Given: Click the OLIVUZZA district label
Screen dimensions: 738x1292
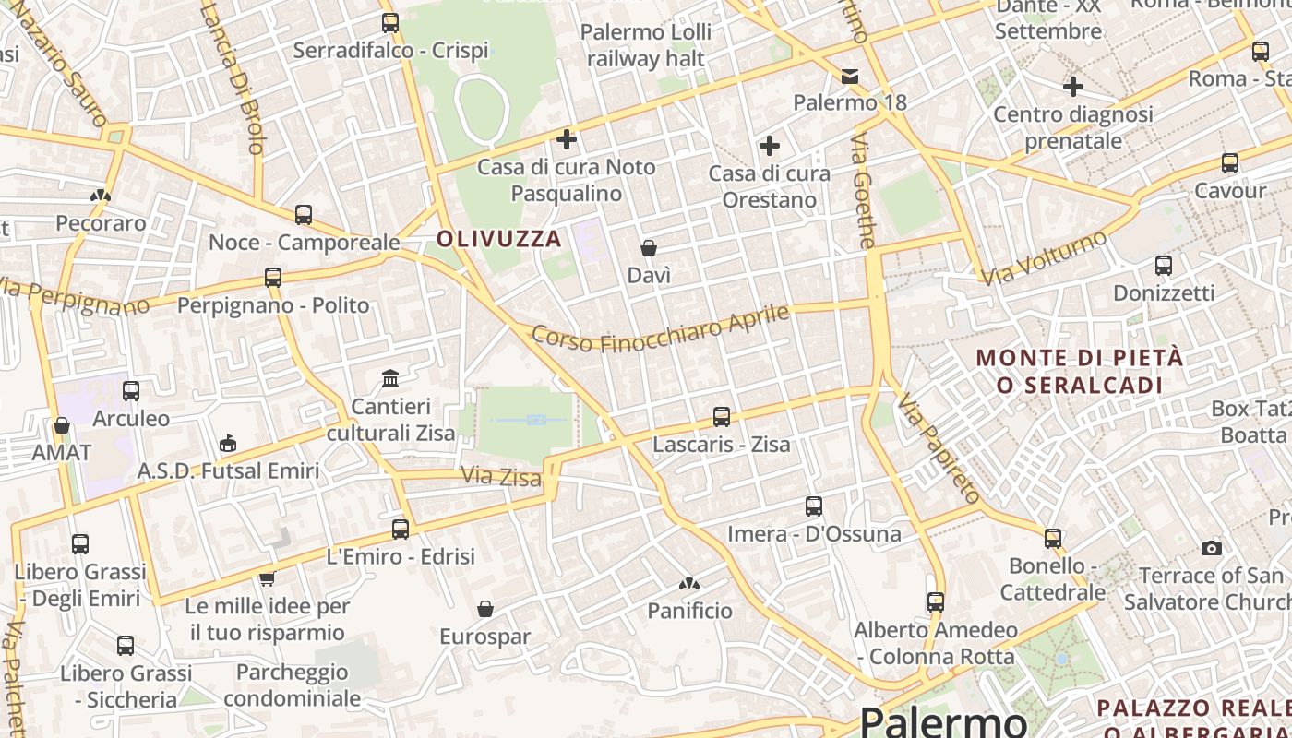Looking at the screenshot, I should tap(498, 239).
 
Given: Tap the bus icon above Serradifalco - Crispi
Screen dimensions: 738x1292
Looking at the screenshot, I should tap(390, 23).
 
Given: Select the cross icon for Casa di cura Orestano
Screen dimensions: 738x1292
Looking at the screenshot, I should tap(769, 146).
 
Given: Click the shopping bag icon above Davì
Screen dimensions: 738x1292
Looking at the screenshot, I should tap(649, 248).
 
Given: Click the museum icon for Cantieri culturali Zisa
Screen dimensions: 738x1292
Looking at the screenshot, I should tap(390, 378).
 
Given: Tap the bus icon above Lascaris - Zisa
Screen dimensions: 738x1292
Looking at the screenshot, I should tap(722, 417).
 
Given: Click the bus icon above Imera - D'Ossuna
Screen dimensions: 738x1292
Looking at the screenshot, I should tap(813, 506).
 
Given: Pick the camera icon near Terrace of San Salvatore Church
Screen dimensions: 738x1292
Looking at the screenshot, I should tap(1212, 548).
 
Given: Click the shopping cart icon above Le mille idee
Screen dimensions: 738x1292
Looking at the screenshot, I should tap(267, 578).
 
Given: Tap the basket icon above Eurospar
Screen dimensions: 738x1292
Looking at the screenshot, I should tap(485, 609).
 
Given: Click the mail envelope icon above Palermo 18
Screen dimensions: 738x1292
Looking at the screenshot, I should tap(850, 77).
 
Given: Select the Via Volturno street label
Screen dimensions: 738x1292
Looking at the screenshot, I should tap(1044, 258).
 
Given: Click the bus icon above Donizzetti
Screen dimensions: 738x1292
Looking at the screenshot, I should tap(1164, 266).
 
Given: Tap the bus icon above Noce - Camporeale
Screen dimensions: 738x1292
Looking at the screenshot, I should tap(304, 215).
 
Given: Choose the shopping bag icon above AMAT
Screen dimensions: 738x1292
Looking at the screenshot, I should tap(62, 425).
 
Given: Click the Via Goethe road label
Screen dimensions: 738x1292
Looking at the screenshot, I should tap(863, 191).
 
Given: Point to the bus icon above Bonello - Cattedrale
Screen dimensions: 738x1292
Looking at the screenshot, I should tap(1053, 538).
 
